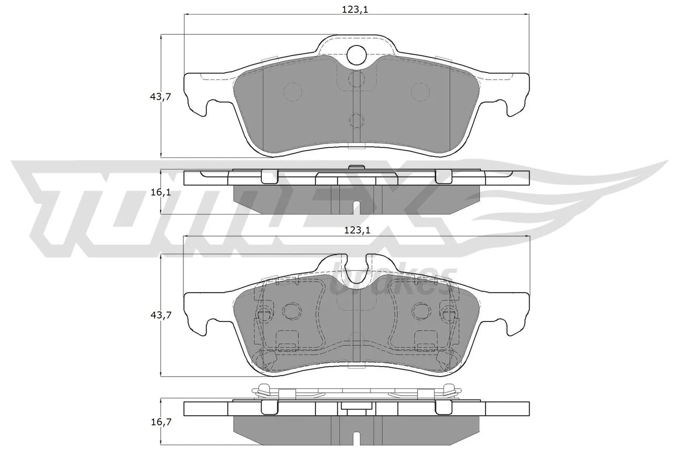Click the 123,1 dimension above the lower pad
coord(357,230)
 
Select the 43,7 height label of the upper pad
coord(160,96)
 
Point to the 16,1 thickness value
coord(160,192)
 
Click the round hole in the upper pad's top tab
coord(356,55)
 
